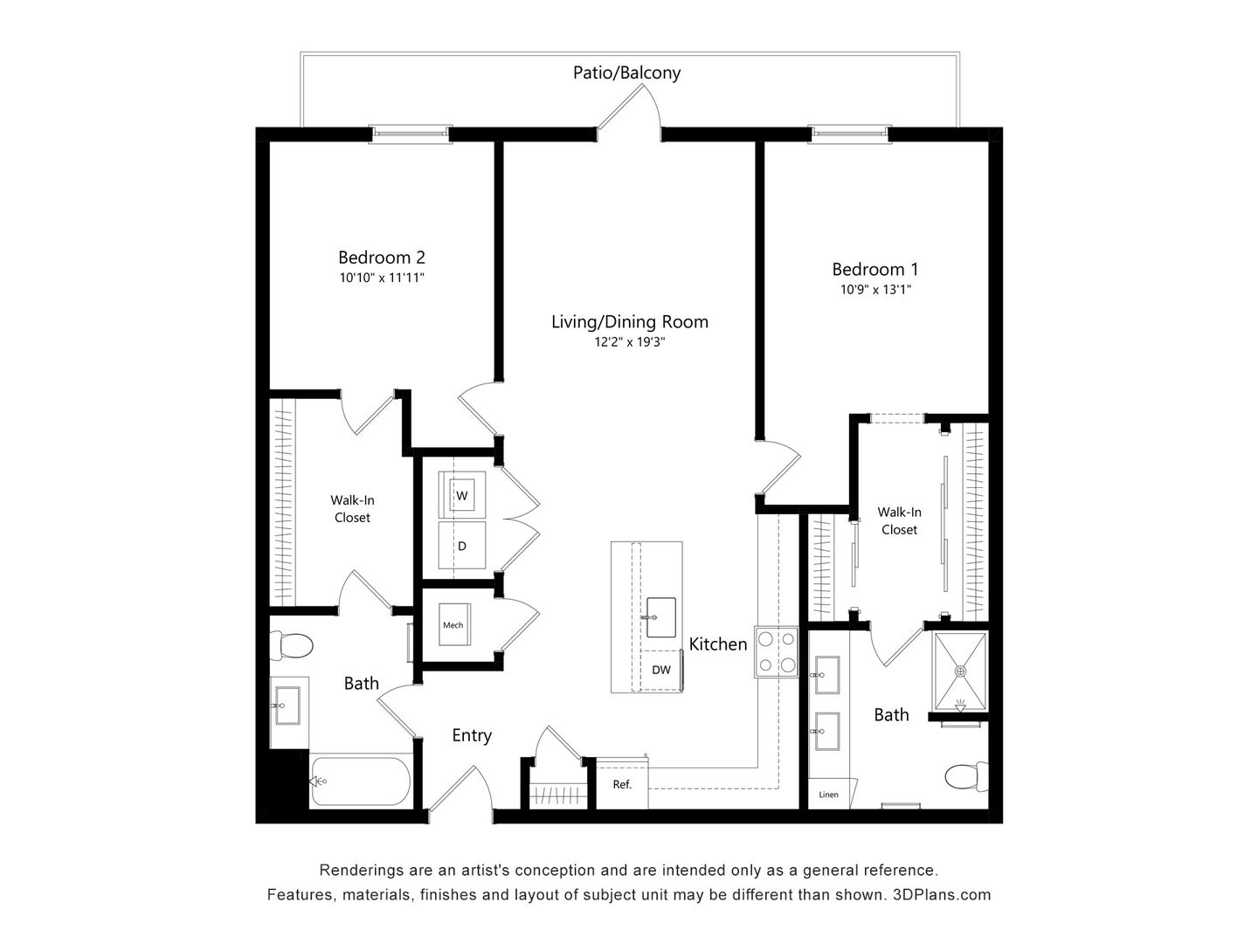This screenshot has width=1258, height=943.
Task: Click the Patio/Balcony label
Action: (626, 72)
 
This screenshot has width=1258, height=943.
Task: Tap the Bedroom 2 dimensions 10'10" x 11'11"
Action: (382, 278)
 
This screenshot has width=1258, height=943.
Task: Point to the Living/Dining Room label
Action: (629, 321)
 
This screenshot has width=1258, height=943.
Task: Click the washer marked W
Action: (462, 495)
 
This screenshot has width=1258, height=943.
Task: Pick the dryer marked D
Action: (462, 546)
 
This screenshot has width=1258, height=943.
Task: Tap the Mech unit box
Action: (453, 625)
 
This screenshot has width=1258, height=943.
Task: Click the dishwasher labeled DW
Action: (661, 670)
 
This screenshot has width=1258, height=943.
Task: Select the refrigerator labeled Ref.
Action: (622, 784)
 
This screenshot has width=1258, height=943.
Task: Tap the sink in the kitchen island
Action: (661, 617)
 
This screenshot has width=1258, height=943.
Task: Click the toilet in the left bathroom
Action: (292, 646)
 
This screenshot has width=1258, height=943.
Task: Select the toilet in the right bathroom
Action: (965, 775)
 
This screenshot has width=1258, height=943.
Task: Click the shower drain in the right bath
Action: (961, 671)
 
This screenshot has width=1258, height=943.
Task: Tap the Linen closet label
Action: (828, 795)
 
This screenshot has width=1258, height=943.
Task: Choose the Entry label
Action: (472, 735)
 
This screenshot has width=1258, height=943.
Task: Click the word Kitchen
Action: (718, 644)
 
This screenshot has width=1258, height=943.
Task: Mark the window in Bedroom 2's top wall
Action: (410, 134)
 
